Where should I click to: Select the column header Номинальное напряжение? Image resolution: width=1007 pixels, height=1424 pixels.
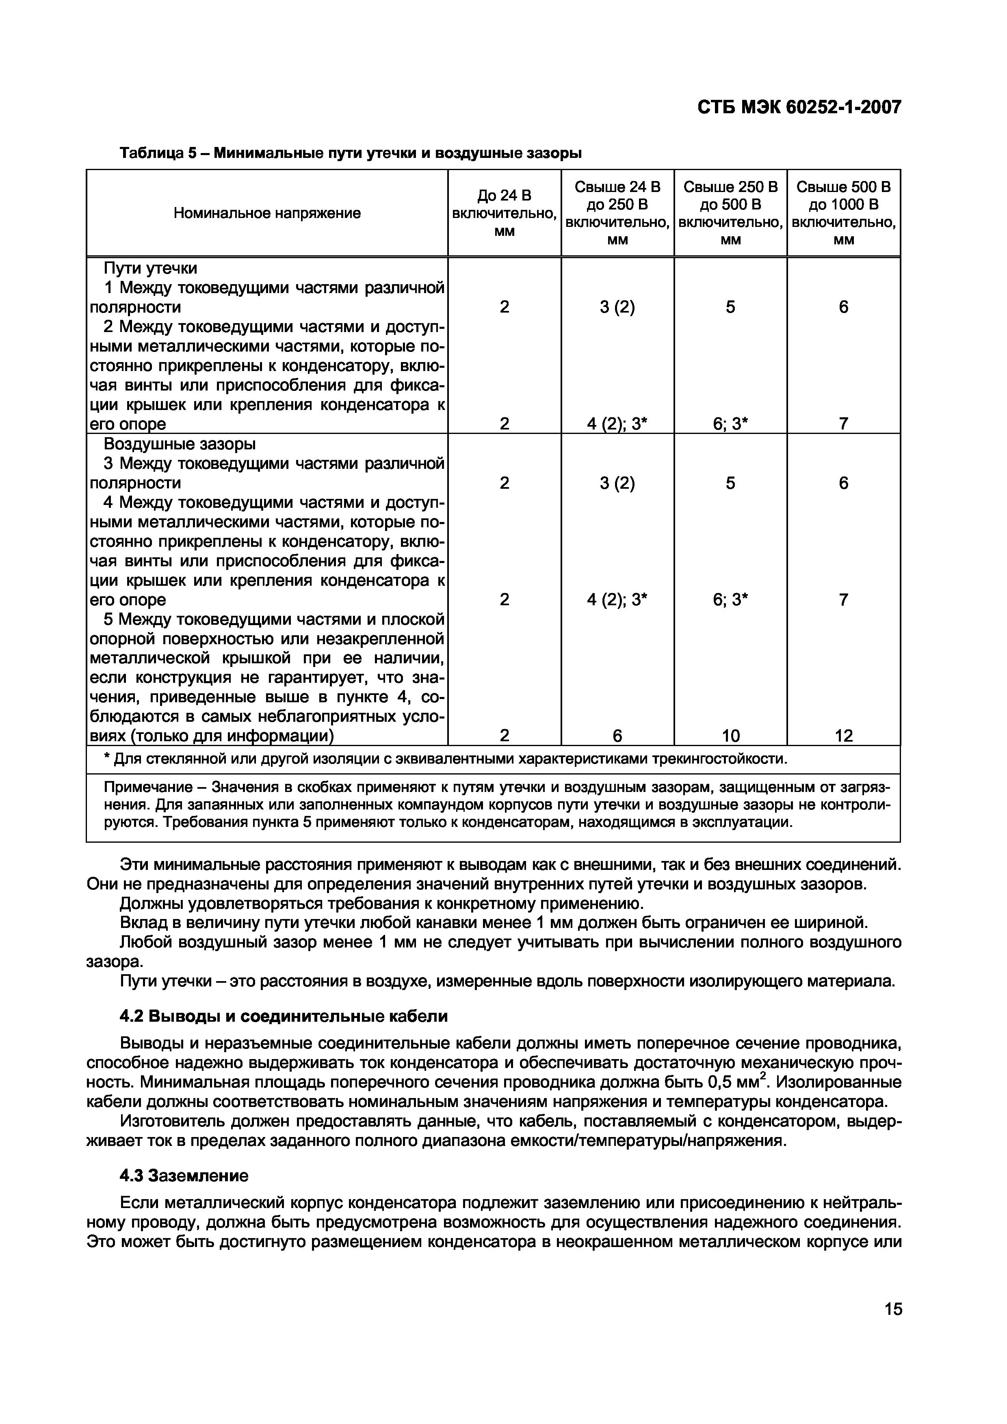coord(267,214)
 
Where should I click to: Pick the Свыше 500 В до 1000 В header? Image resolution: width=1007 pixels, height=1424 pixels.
coord(843,214)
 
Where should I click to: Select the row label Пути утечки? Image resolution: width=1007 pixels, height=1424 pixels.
coord(151,269)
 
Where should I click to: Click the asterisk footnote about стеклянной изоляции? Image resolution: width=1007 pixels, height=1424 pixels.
coord(446,759)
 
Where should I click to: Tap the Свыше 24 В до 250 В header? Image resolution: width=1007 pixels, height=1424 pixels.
coord(617,214)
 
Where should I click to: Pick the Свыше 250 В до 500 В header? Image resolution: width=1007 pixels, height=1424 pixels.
coord(730,214)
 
